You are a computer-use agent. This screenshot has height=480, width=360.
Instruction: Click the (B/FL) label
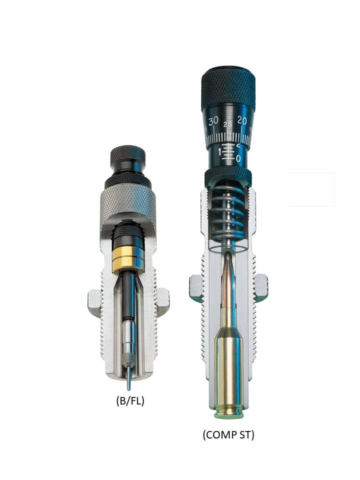[130, 400]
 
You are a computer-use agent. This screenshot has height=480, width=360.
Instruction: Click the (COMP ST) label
[228, 434]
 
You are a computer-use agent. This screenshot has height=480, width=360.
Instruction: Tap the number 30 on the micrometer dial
[213, 121]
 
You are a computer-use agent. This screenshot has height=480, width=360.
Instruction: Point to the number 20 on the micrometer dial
[242, 120]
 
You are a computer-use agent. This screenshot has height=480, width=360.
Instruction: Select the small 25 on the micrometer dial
[228, 124]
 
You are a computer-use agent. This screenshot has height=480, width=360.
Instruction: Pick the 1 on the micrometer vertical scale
[220, 152]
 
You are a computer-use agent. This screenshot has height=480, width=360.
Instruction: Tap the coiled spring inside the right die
[228, 214]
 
